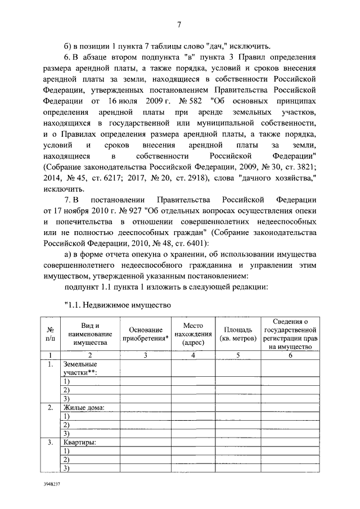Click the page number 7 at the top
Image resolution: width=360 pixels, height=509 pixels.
179,24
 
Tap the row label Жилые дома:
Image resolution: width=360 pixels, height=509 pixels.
84,407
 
